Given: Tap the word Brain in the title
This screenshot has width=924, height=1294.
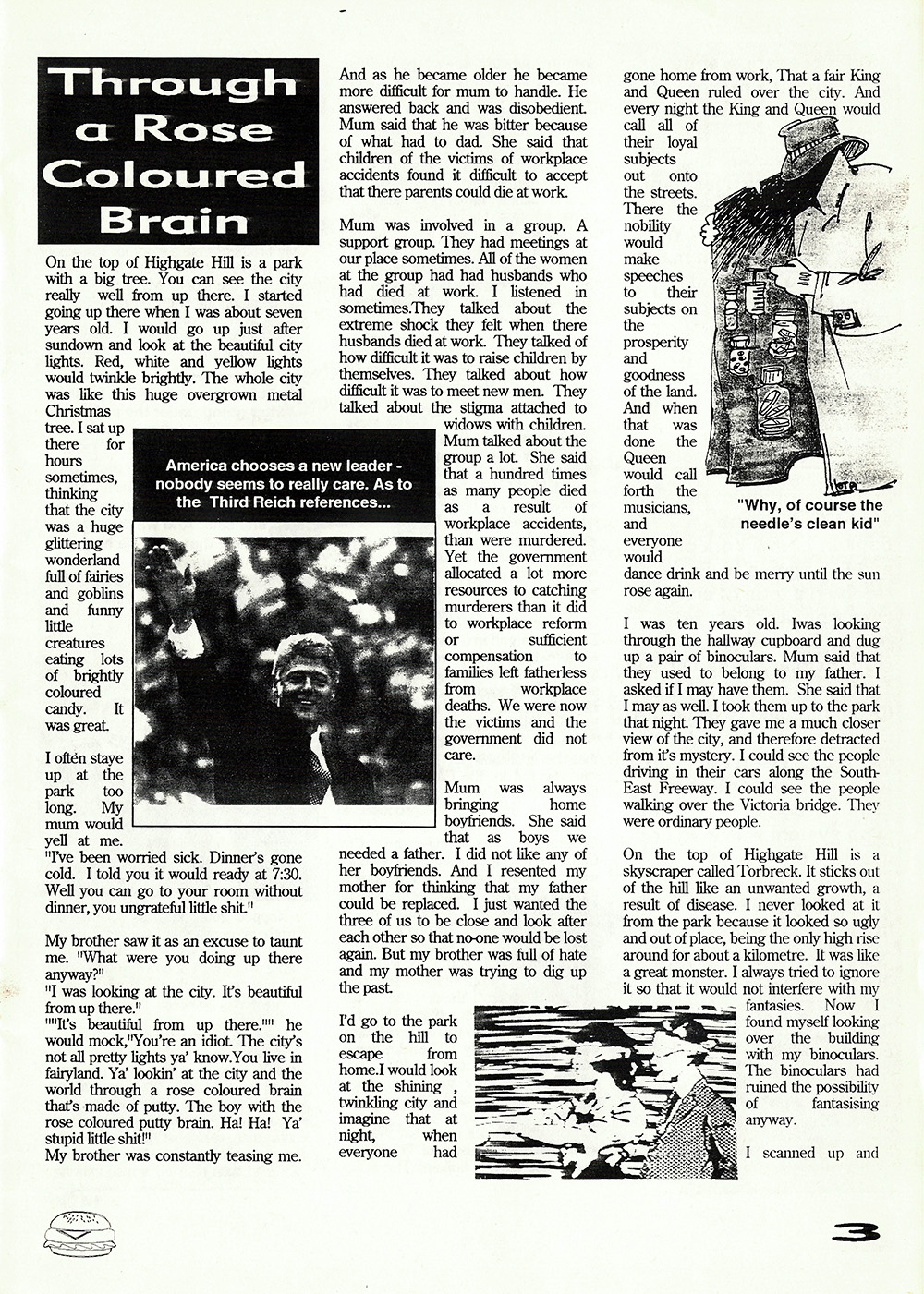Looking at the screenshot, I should (x=174, y=220).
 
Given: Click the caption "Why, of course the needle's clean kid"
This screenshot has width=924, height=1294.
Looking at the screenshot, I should (x=809, y=514).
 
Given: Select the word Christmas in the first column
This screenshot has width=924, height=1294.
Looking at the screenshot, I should (x=78, y=411).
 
